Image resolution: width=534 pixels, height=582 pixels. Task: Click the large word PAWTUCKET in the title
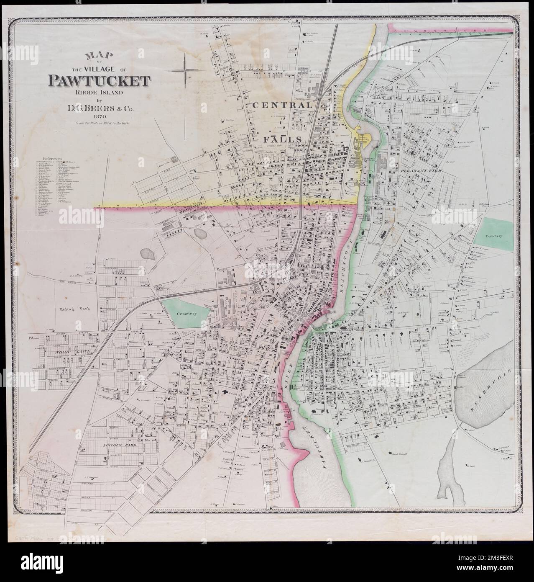99,80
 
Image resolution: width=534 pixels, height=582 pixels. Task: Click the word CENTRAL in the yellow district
282,106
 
